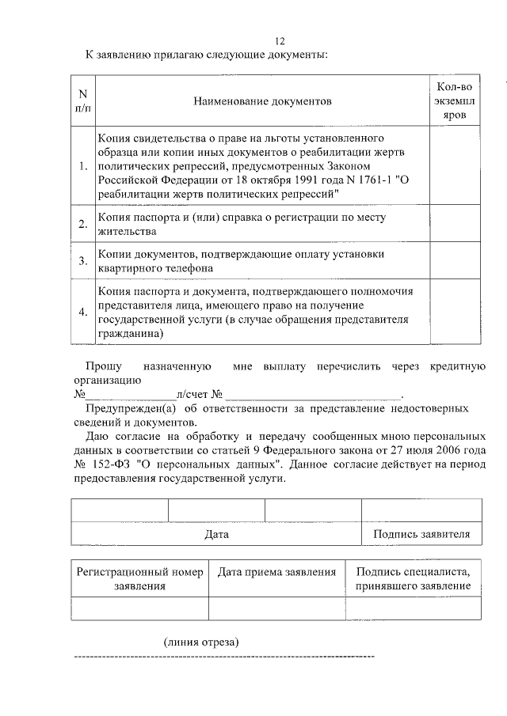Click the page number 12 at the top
point(279,42)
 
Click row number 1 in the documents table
point(83,167)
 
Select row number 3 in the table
point(83,261)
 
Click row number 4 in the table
point(83,312)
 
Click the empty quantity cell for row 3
point(454,261)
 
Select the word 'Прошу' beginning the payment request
point(104,367)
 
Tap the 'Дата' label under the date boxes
point(216,534)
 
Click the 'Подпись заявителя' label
point(421,534)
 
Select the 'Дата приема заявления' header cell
point(276,571)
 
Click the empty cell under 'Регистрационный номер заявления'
point(140,608)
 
